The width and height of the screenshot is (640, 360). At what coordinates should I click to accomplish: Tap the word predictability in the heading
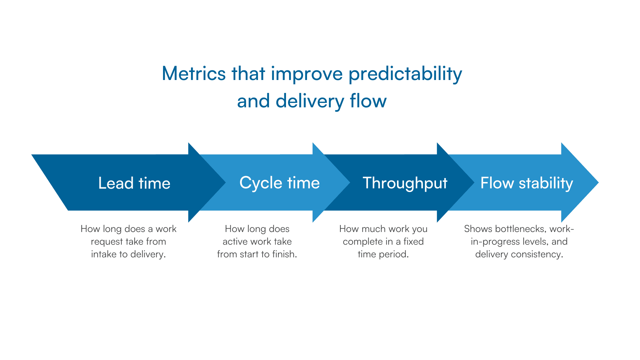pos(405,74)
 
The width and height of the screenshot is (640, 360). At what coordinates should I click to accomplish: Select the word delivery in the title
pos(310,101)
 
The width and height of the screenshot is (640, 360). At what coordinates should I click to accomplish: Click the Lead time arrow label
pos(134,183)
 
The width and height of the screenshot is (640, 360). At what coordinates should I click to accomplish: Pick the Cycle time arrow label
pos(279,183)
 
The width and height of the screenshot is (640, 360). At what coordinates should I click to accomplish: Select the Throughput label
pos(405,183)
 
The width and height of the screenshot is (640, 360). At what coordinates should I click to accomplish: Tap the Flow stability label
pos(526,183)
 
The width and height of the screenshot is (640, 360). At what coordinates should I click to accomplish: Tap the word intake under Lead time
pos(104,254)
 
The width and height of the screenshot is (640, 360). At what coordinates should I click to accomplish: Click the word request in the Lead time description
pos(107,242)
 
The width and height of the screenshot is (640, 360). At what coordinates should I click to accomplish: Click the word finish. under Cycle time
pos(284,254)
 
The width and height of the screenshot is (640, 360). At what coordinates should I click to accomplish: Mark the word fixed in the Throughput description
pos(413,241)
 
